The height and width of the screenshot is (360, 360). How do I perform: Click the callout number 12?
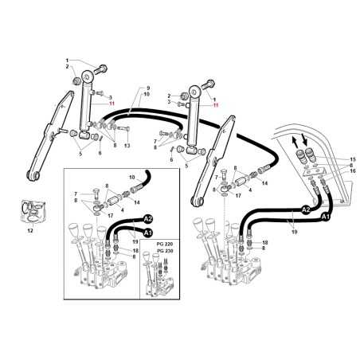[x=31, y=230]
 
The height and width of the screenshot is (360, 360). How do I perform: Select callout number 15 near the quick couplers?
[x=352, y=160]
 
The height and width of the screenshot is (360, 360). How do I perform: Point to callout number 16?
[x=352, y=171]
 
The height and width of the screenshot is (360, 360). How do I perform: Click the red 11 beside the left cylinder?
[x=112, y=104]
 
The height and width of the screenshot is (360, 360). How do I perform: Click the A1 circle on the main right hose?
[x=325, y=216]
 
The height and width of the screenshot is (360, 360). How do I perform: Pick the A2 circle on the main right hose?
[x=306, y=210]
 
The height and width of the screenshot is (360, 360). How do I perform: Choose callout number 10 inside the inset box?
[x=131, y=175]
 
